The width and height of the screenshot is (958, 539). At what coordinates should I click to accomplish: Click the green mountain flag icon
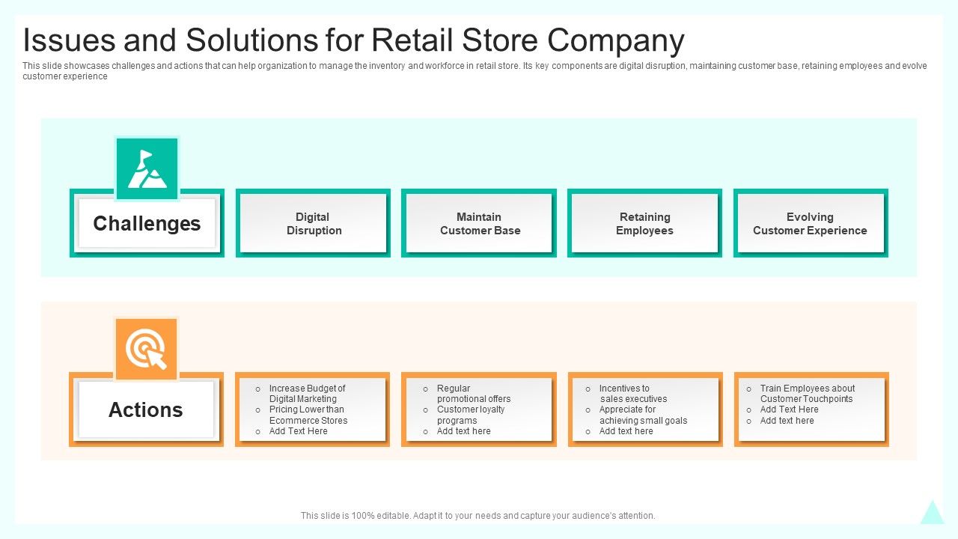coord(147,168)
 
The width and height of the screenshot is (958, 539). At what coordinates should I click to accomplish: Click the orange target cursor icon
coord(147,350)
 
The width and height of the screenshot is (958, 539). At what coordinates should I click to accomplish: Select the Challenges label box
coord(147,223)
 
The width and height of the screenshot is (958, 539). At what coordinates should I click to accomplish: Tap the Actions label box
coord(146,409)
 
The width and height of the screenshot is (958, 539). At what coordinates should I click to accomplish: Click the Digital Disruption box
coord(314,224)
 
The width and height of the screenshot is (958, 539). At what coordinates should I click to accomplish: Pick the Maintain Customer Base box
coord(480,224)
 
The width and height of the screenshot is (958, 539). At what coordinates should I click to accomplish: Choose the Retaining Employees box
coord(644,224)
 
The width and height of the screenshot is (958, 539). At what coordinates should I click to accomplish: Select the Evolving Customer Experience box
coord(810,224)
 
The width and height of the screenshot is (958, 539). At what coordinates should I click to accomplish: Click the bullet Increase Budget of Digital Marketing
coord(307,394)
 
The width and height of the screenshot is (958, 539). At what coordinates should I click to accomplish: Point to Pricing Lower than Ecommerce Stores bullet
coord(308,415)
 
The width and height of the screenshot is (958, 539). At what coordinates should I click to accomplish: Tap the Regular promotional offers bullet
coord(473,394)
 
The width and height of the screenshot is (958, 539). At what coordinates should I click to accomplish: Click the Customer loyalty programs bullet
coord(470,415)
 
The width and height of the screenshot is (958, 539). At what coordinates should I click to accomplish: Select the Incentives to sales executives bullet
coord(632,394)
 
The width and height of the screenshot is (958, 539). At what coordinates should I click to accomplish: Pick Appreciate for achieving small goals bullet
coord(642,415)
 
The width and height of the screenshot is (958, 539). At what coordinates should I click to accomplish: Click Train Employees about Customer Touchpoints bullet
coord(807,394)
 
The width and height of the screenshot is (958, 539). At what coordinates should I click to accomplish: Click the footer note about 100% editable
coord(478,516)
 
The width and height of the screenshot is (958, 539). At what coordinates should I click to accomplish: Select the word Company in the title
coord(615,40)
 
